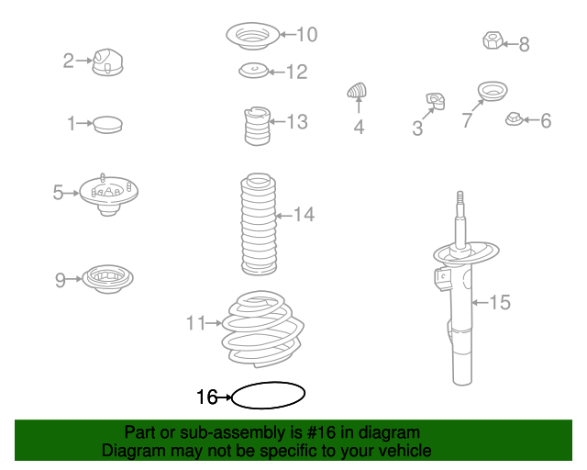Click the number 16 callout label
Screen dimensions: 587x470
click(206, 397)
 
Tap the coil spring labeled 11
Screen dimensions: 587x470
click(263, 329)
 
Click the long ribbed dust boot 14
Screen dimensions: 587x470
click(259, 224)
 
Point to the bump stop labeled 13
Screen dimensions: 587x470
click(257, 126)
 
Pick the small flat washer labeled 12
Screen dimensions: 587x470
click(254, 71)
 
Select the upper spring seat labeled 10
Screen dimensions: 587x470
click(253, 36)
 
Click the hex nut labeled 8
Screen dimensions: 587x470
click(493, 40)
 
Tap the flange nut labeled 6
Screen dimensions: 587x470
click(514, 118)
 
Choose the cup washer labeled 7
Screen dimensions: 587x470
click(493, 91)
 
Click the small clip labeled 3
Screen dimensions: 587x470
click(436, 101)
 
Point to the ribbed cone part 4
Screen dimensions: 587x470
click(357, 90)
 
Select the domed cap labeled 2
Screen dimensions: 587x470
click(107, 62)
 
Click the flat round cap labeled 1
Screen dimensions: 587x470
click(107, 125)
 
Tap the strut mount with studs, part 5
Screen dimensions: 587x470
click(108, 195)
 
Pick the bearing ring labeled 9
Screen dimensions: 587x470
click(107, 279)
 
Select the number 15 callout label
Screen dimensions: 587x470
click(500, 302)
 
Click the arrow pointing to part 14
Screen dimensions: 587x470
click(283, 216)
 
